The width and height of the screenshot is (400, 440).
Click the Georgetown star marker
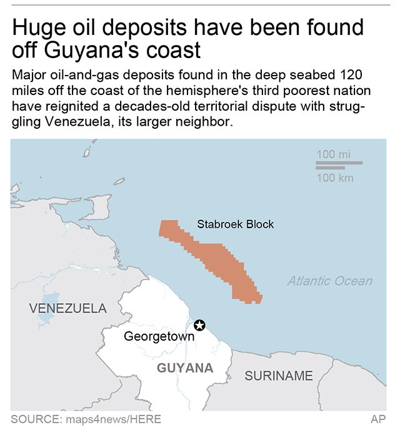(x=199, y=324)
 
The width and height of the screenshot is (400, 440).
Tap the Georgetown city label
(x=159, y=337)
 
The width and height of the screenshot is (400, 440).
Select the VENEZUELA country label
(x=68, y=308)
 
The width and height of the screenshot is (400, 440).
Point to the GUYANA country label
(x=185, y=367)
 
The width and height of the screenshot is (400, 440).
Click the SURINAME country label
(x=279, y=376)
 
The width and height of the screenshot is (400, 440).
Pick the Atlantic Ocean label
(x=329, y=281)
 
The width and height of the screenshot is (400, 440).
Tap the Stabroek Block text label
(x=235, y=224)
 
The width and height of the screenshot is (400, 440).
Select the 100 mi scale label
(x=334, y=154)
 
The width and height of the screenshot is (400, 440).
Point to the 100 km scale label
(x=334, y=178)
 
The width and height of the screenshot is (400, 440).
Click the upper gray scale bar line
(x=339, y=163)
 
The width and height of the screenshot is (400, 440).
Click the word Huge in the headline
(x=39, y=27)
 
